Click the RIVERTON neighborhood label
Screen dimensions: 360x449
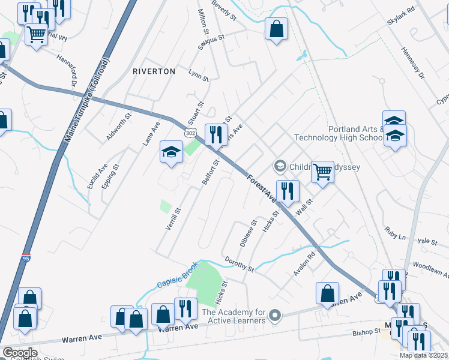point(154,71)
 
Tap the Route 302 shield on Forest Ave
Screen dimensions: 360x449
point(190,132)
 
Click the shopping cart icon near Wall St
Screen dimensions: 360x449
point(322,173)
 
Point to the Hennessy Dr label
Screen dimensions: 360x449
point(412,63)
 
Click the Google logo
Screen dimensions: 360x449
point(20,353)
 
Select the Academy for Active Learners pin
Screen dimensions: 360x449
point(276,314)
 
